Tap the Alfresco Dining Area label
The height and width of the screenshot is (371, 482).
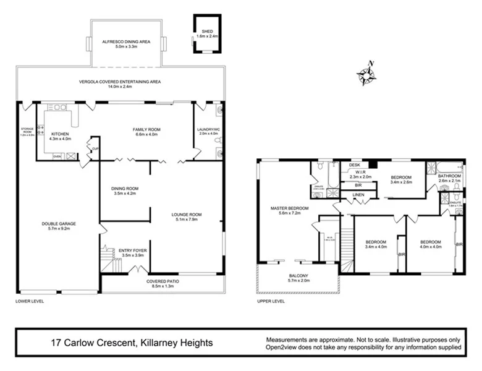(127, 42)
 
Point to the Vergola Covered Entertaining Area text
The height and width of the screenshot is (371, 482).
(120, 82)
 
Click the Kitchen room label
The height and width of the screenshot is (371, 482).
(59, 134)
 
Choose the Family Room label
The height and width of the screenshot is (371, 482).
(146, 129)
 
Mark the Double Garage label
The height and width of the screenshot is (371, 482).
(55, 224)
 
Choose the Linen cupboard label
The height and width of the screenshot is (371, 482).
(358, 195)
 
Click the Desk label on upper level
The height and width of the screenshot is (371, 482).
(354, 165)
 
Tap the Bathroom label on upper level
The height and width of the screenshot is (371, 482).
(450, 176)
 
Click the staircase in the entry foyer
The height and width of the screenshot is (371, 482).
(111, 260)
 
